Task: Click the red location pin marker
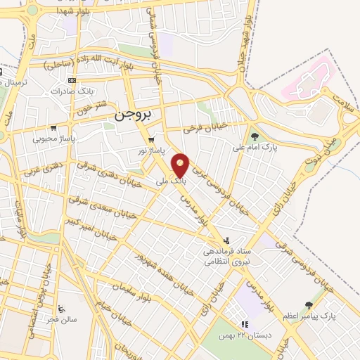click(181, 165)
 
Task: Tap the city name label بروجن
click(139, 115)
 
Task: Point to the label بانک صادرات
click(74, 92)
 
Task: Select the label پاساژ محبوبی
click(53, 139)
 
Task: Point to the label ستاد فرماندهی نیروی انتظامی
click(226, 256)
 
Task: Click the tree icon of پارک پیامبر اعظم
click(308, 305)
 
